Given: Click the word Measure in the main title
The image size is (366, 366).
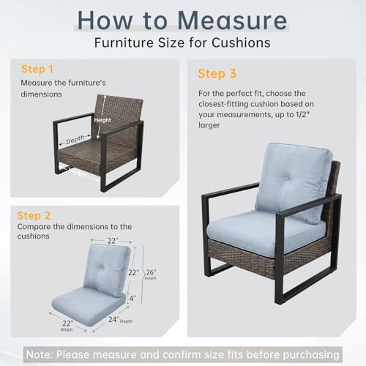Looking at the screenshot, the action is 232,20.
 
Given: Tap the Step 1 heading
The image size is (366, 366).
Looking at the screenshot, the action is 37,70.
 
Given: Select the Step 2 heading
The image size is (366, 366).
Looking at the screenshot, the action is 34,216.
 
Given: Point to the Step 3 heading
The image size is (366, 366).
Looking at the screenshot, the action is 217,73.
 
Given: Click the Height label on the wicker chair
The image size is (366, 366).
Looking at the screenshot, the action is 102,120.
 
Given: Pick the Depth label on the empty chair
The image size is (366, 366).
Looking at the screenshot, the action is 75,139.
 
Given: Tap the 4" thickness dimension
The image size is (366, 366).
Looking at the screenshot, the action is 132,298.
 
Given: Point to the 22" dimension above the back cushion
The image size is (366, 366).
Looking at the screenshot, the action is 113,241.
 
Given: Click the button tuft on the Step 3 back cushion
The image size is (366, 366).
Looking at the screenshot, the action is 285,178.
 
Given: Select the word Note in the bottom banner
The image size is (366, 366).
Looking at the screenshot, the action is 40,354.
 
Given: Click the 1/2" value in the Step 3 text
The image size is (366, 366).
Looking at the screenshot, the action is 302,114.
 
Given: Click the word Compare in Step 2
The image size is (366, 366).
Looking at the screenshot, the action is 34,227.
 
